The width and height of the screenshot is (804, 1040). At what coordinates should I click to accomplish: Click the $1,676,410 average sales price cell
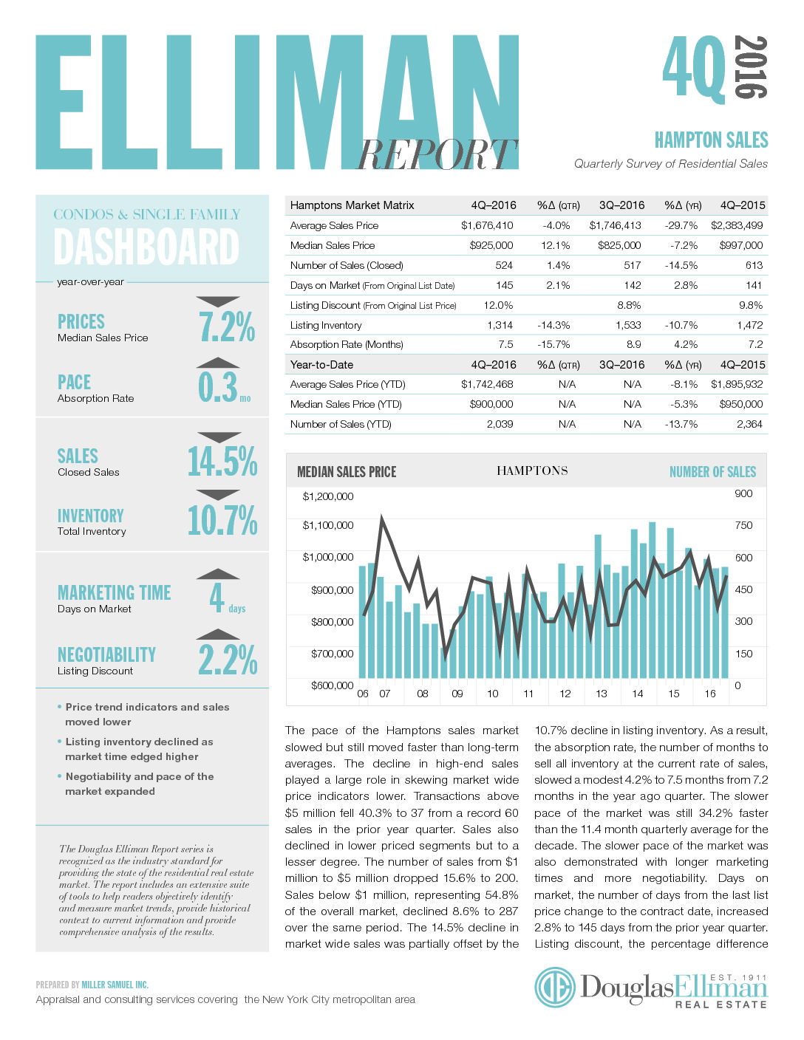click(x=486, y=225)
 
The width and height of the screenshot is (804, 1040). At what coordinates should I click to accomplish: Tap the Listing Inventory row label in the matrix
click(x=326, y=325)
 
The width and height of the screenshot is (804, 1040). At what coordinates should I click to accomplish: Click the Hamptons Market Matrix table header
click(x=352, y=205)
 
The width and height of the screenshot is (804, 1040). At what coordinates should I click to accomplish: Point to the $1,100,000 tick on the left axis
click(x=328, y=525)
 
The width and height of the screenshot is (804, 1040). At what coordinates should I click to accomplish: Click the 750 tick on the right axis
click(x=743, y=525)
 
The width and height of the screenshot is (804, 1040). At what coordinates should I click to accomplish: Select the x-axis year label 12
click(x=565, y=694)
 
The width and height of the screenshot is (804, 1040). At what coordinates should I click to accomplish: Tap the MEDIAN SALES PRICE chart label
click(x=347, y=472)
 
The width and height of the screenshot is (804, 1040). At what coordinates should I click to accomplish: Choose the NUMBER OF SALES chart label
click(x=712, y=472)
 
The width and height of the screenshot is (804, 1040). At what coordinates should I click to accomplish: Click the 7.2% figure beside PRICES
click(x=227, y=327)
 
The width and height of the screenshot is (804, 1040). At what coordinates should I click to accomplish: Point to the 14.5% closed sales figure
click(x=222, y=462)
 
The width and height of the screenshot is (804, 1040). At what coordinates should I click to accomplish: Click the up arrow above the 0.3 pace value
click(x=218, y=363)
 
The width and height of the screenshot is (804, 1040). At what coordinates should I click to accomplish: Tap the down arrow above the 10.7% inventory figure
click(x=218, y=494)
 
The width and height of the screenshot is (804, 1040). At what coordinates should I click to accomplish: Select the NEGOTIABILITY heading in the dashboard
click(x=106, y=654)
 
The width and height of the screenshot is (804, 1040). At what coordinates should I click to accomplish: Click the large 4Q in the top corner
click(x=694, y=68)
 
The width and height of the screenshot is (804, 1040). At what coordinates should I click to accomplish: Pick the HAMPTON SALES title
click(x=711, y=140)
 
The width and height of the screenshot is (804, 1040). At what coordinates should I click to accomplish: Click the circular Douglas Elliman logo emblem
click(x=555, y=987)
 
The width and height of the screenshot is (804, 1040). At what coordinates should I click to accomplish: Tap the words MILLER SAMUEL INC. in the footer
click(x=115, y=985)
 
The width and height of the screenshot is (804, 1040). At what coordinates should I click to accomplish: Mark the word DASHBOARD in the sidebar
click(x=146, y=247)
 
